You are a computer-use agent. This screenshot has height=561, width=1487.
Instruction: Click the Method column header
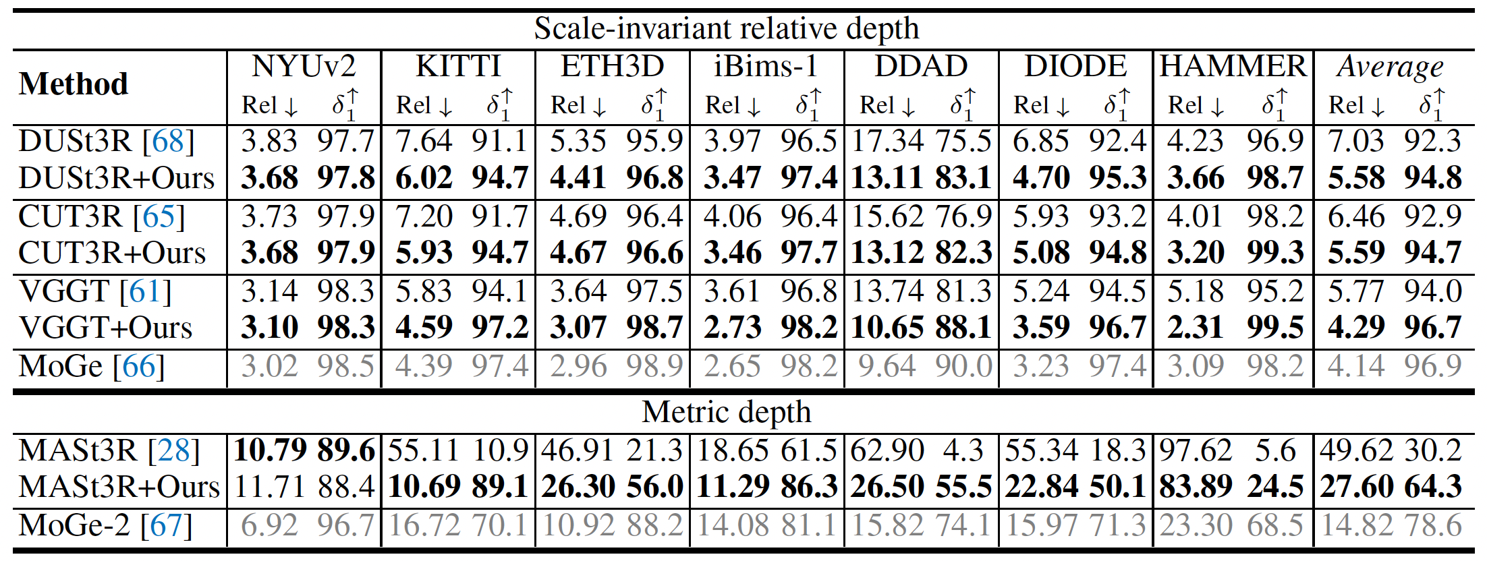tap(74, 84)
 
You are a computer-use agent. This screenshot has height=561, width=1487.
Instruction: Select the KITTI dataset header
tap(458, 67)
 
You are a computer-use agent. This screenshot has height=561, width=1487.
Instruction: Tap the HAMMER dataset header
tap(1233, 67)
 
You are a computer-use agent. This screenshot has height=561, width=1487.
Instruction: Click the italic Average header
tap(1390, 67)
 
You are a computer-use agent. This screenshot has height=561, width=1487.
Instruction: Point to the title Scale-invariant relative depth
tap(727, 29)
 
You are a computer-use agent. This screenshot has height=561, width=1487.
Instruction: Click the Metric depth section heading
tap(726, 412)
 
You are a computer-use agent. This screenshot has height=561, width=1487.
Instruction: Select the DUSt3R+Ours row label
tap(116, 179)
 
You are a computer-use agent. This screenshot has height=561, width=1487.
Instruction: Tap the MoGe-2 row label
tap(105, 526)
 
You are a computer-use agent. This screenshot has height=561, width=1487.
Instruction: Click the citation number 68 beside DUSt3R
tap(168, 142)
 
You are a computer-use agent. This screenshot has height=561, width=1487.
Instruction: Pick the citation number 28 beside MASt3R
tap(173, 450)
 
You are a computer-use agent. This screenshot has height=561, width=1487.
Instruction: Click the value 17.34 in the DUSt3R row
tap(887, 142)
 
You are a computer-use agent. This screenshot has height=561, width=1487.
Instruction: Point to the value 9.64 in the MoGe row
tap(887, 367)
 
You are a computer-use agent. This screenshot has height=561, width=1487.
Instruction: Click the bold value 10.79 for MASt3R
tap(270, 450)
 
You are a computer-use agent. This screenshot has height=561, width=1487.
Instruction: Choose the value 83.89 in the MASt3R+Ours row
tap(1196, 487)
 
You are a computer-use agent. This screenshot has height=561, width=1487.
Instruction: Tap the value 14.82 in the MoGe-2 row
tap(1350, 526)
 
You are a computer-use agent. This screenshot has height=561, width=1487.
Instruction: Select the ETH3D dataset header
tap(612, 67)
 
